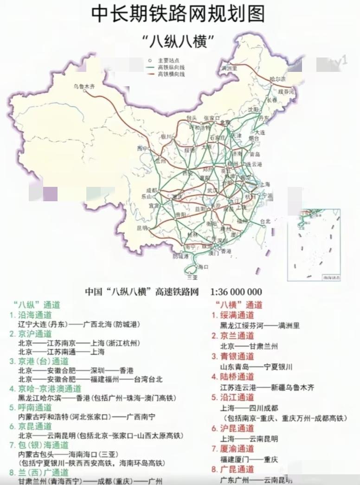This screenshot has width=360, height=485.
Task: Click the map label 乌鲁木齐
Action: coord(84,86)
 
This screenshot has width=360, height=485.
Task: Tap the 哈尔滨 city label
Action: coord(277,79)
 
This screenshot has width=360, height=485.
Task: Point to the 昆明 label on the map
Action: coord(142,228)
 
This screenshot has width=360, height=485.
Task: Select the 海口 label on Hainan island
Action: coord(203,267)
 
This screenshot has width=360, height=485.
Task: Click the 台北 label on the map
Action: coord(265,221)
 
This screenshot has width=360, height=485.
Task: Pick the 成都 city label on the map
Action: coord(152,190)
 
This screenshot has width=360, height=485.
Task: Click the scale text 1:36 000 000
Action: coord(236,292)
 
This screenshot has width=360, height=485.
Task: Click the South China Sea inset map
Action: coord(314,244)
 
